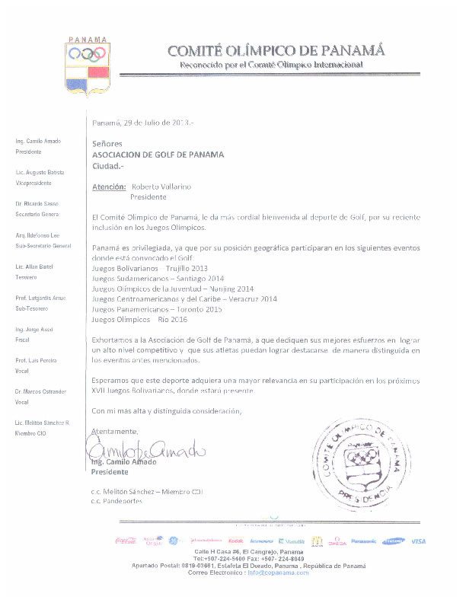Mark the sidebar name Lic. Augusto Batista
point(39,174)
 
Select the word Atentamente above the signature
point(111,431)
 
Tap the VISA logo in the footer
point(418,541)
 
